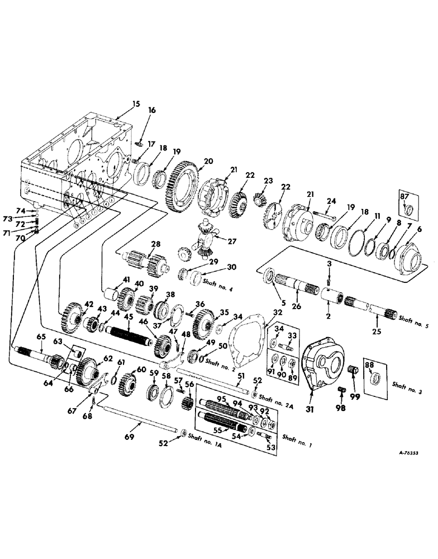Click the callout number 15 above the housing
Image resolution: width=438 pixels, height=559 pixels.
point(136,104)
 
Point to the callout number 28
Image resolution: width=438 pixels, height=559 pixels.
point(155,244)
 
